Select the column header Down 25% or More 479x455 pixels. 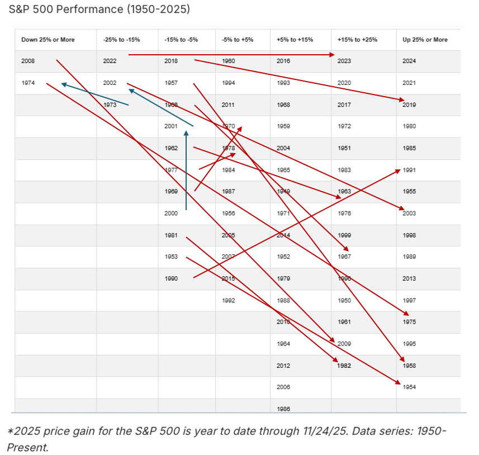48,40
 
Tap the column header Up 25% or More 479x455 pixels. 424,40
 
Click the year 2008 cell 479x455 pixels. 28,61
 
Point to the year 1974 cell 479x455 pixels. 28,83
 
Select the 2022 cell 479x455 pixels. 110,61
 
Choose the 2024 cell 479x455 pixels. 409,61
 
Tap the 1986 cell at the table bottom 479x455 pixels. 283,409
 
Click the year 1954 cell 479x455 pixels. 409,387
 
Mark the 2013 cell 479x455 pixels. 409,278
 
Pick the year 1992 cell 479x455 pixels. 228,300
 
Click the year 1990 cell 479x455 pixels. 172,278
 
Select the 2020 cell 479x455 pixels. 344,83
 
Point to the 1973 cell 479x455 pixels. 110,105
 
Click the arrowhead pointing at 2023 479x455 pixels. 333,55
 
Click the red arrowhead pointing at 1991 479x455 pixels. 397,170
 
